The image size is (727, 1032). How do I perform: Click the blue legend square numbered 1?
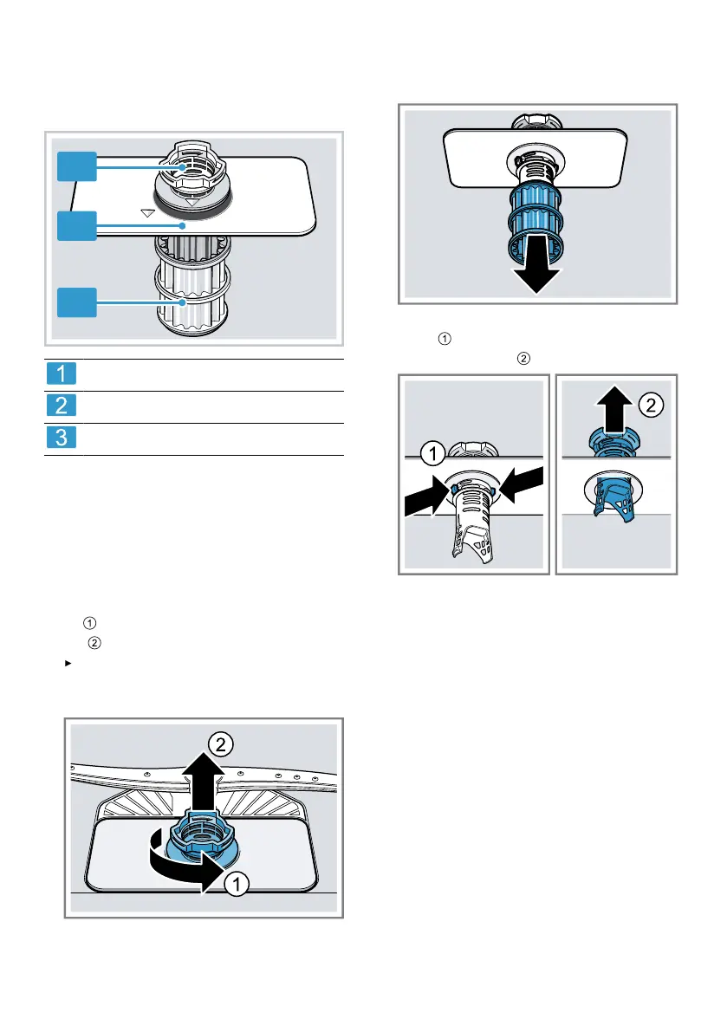[x=62, y=373]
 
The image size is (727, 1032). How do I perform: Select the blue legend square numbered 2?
[x=62, y=405]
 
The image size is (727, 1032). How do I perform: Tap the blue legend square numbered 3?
[x=62, y=437]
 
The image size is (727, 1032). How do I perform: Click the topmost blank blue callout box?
[x=77, y=166]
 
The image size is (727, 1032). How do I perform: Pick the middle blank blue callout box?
[x=77, y=226]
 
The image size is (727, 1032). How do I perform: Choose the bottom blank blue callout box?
[x=77, y=302]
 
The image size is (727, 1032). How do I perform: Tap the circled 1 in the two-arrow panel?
[x=433, y=453]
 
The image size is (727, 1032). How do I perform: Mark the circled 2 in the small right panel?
[x=651, y=405]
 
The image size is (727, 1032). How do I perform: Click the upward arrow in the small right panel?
[x=614, y=409]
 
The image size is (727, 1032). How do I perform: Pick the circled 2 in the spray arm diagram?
[x=220, y=744]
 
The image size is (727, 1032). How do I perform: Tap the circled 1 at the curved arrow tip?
[x=237, y=883]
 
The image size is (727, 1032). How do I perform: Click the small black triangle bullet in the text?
[x=68, y=664]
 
